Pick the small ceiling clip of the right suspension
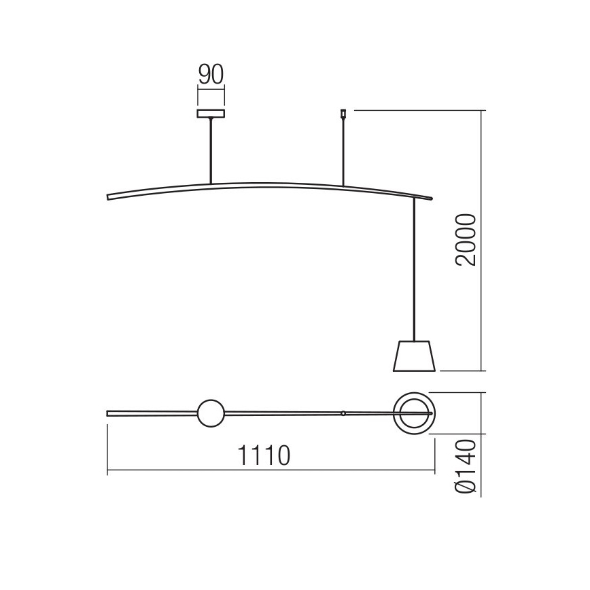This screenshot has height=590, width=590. click(343, 114)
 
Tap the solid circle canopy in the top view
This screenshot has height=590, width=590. click(210, 413)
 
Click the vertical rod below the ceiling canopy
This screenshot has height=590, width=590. click(211, 150)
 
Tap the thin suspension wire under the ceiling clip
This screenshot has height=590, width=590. click(343, 153)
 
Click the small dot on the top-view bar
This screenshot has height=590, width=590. click(343, 413)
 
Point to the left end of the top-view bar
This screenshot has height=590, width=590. click(109, 413)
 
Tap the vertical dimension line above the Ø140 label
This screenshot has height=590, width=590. click(483, 413)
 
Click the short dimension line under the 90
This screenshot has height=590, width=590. click(211, 88)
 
